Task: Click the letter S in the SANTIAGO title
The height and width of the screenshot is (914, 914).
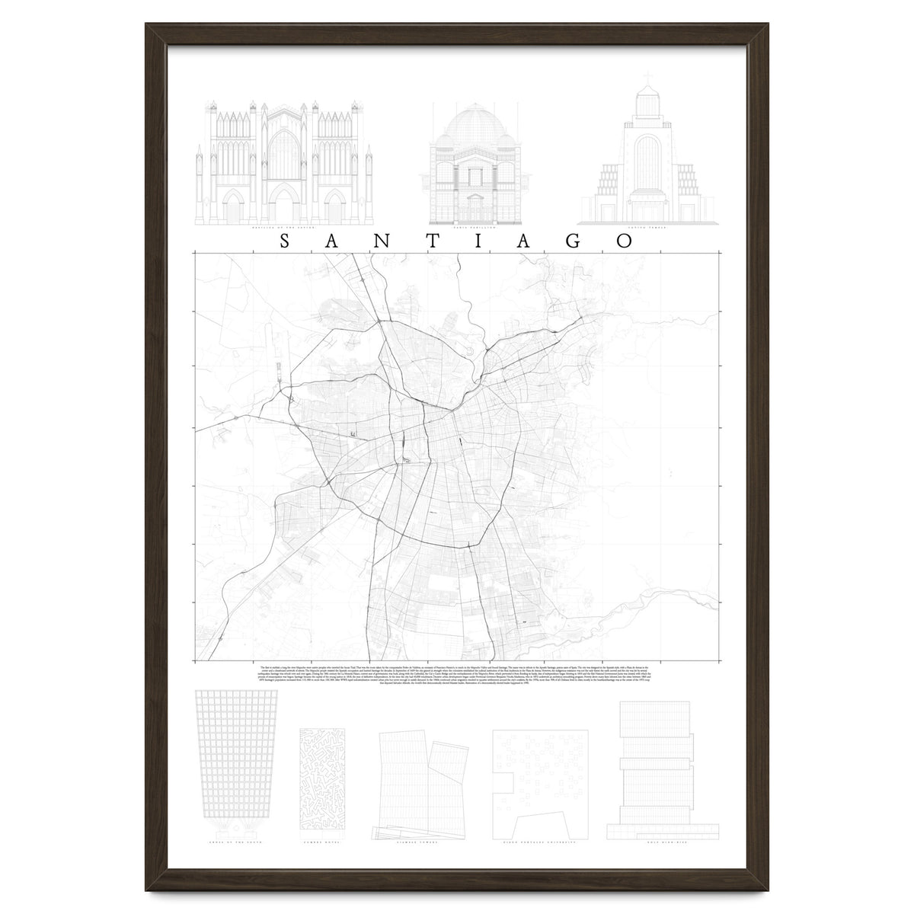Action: point(284,241)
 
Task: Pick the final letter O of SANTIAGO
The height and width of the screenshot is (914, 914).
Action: point(625,241)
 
